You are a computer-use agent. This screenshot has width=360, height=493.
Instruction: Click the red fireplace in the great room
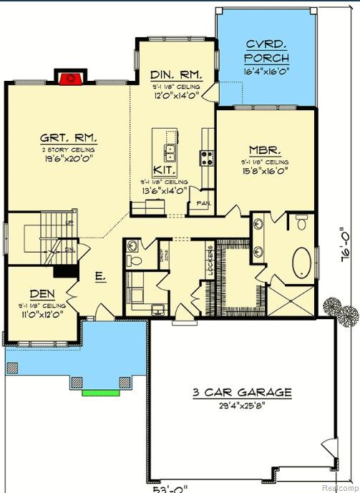click(x=68, y=78)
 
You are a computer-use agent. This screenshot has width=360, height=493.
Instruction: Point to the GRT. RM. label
click(x=68, y=137)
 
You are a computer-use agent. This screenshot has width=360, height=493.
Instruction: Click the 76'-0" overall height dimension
click(x=344, y=246)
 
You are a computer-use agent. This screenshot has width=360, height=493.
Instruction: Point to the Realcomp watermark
click(x=339, y=487)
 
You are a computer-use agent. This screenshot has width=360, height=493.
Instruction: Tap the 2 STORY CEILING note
click(x=68, y=149)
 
